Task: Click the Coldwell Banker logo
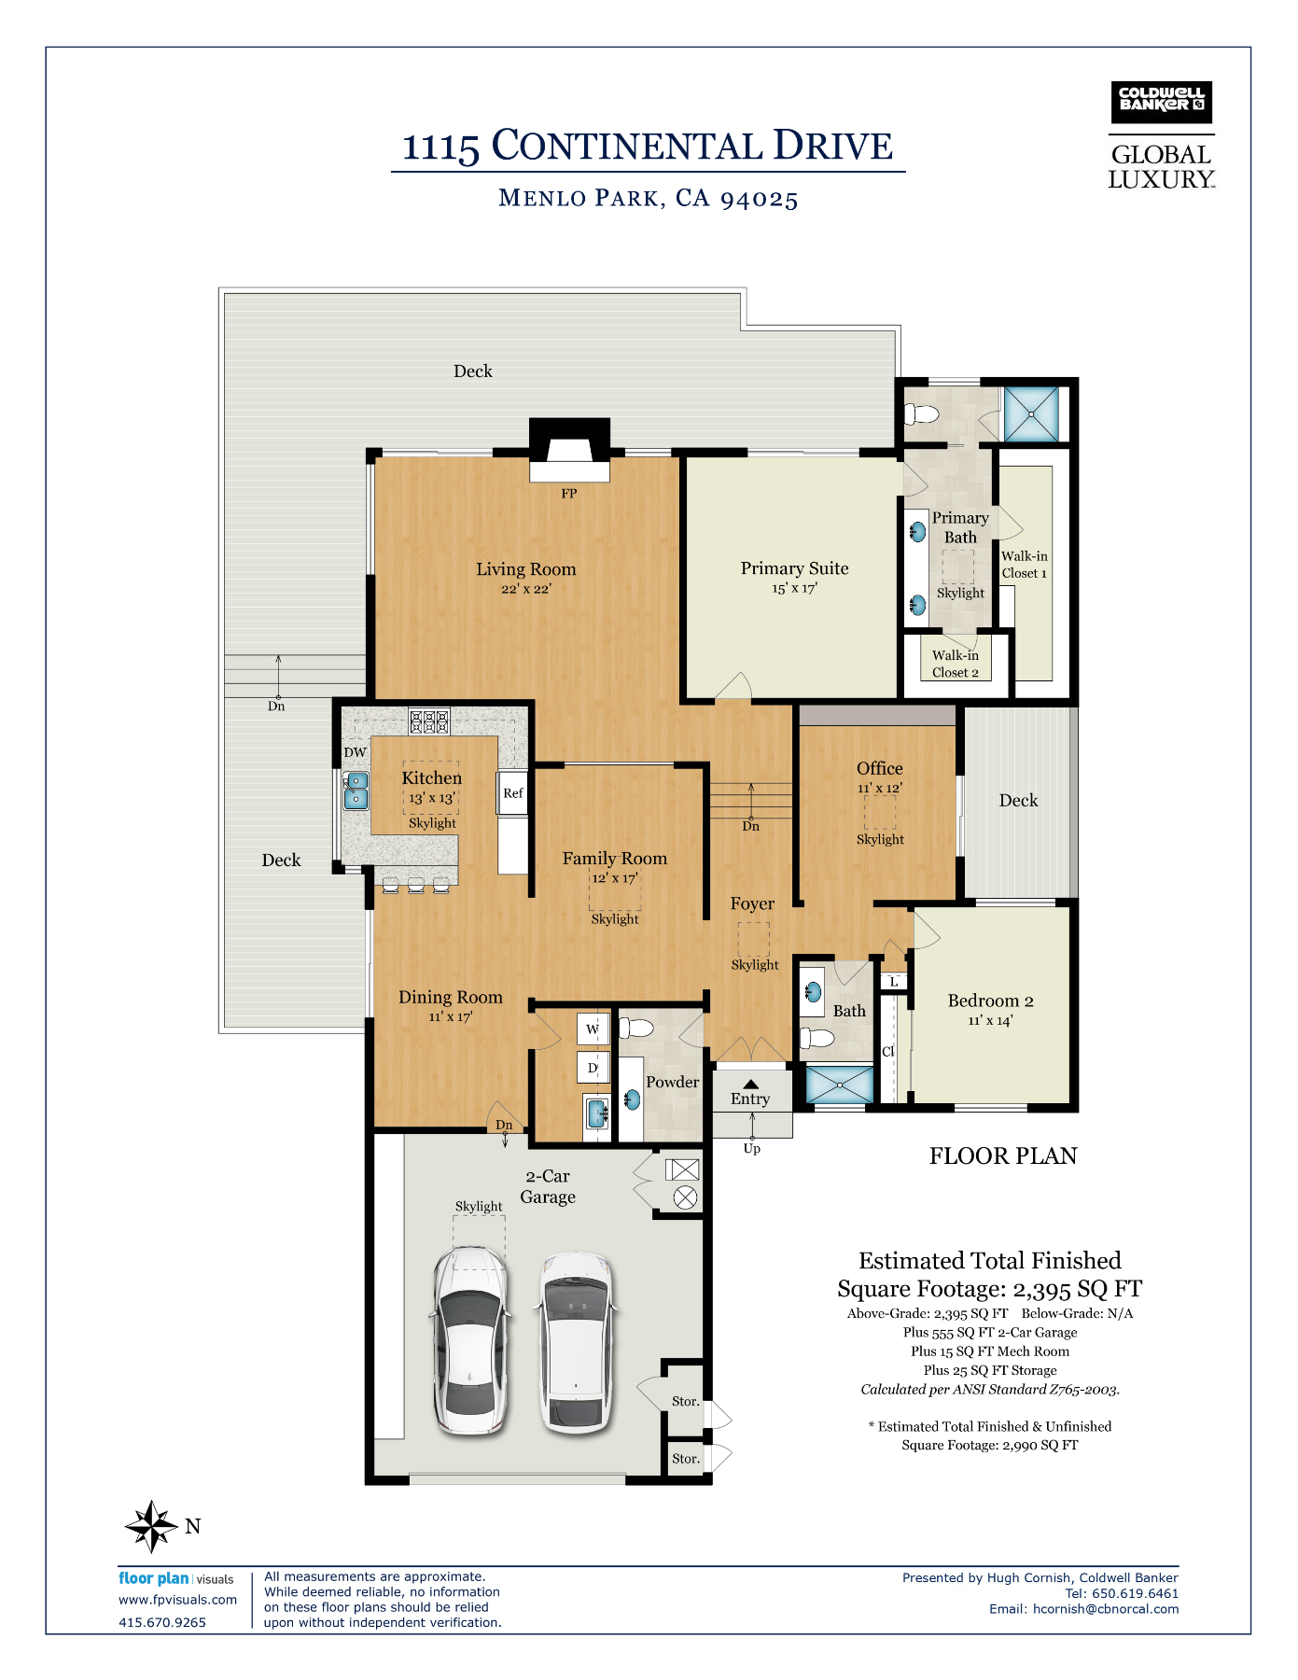(x=1161, y=102)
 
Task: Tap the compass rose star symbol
(x=151, y=1526)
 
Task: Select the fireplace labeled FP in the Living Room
(x=569, y=450)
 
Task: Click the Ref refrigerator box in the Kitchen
(x=512, y=792)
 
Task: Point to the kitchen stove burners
(x=429, y=721)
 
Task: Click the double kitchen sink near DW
(x=356, y=791)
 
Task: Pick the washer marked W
(x=593, y=1029)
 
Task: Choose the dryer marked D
(x=593, y=1067)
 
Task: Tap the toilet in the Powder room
(x=636, y=1029)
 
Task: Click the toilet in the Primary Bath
(x=921, y=413)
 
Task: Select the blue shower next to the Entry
(x=840, y=1085)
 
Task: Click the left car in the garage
(x=471, y=1340)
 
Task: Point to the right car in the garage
(x=576, y=1340)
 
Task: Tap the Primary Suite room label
(x=795, y=568)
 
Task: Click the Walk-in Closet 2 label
(x=956, y=664)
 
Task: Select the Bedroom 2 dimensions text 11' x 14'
(x=990, y=1021)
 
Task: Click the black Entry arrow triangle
(x=750, y=1085)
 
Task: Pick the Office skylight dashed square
(x=879, y=813)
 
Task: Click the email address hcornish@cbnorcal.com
(x=1106, y=1609)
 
